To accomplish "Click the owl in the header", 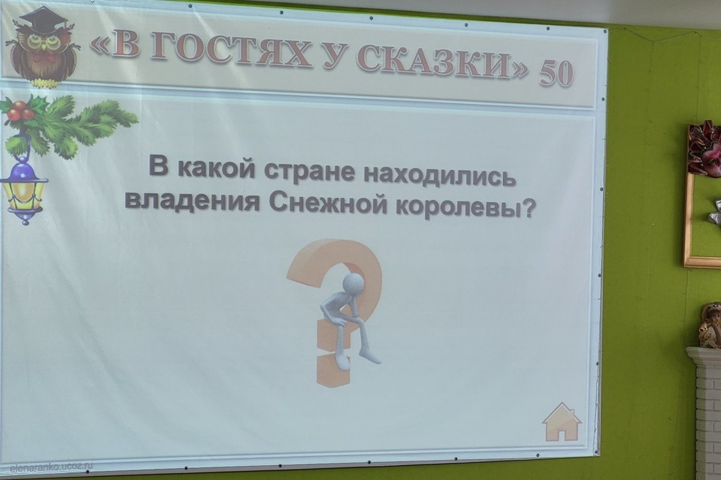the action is [x=42, y=48].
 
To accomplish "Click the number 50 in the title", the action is [x=556, y=73].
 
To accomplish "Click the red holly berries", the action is [x=20, y=111].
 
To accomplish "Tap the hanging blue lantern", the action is [x=23, y=190].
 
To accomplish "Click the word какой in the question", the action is [x=217, y=168].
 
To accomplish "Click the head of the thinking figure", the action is [x=353, y=284].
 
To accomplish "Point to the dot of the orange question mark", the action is [x=332, y=371].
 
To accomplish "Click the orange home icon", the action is [x=562, y=422].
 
